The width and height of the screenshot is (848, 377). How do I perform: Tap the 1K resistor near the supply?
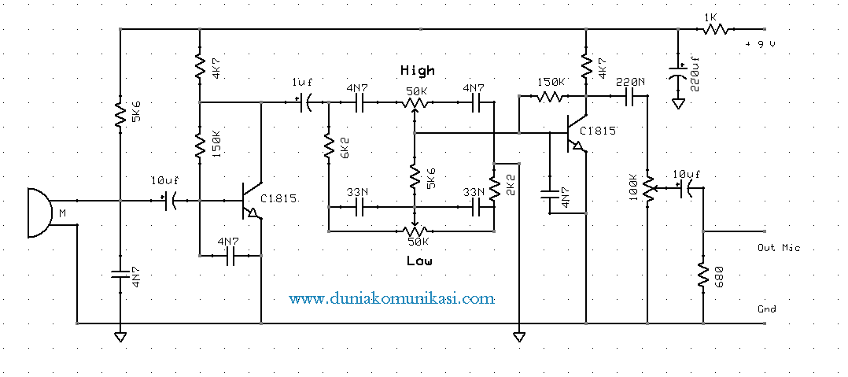714,29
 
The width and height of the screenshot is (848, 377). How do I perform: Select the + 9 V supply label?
761,44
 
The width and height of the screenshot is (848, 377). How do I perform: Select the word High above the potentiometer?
417,70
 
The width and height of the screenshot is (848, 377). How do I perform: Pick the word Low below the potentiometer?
418,260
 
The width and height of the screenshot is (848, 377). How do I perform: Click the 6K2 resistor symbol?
329,146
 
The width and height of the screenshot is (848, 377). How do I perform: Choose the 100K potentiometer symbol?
647,188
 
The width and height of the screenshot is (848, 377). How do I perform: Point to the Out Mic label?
778,248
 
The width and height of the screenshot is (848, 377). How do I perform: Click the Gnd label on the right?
767,309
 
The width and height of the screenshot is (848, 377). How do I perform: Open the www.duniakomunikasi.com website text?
392,299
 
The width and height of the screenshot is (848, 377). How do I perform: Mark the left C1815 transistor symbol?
251,201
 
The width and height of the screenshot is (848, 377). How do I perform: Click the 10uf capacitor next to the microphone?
169,201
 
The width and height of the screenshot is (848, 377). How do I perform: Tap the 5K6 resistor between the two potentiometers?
413,178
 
